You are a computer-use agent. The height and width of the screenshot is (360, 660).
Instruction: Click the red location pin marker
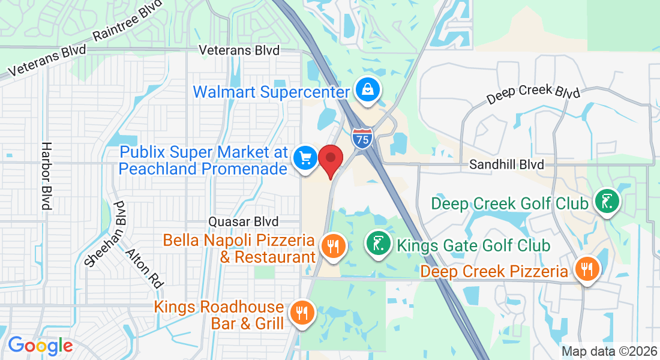point(330,159)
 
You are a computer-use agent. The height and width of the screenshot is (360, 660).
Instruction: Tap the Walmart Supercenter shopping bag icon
point(365,90)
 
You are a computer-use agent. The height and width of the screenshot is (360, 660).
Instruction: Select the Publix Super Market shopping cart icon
point(305,158)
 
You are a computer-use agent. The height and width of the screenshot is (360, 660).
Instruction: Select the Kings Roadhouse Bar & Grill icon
point(299,313)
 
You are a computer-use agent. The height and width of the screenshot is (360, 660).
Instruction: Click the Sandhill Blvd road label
point(506,164)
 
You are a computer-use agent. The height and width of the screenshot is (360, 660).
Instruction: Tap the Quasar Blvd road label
point(244,221)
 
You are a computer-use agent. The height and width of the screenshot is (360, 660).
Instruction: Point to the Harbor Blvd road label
point(46,175)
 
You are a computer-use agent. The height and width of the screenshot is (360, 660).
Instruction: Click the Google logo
point(40,346)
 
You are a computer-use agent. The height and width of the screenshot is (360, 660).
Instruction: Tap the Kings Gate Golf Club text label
point(473,245)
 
